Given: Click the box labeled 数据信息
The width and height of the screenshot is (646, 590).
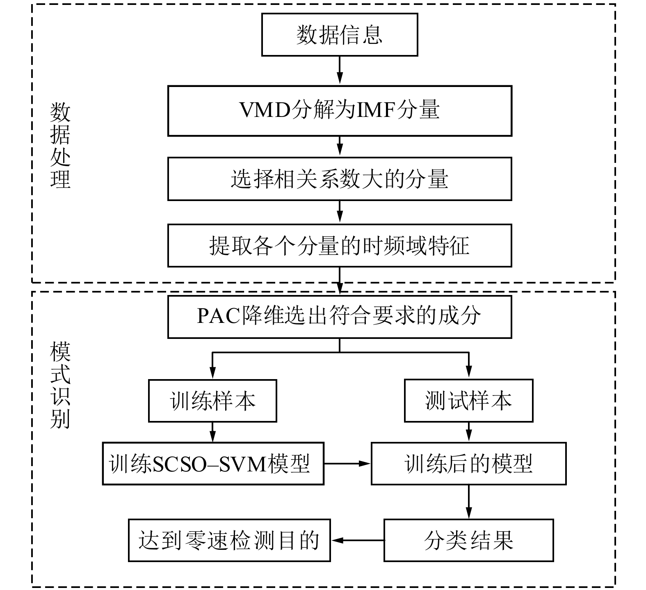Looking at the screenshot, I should [x=339, y=34].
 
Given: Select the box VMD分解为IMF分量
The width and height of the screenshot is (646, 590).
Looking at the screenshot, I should [x=339, y=110].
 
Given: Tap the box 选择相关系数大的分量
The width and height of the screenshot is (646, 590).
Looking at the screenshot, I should [x=339, y=179].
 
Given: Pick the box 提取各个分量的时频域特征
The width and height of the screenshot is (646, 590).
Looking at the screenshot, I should [x=339, y=245].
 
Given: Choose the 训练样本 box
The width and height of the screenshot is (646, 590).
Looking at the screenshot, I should [x=212, y=400].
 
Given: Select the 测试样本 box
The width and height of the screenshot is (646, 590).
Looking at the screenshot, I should [x=468, y=400].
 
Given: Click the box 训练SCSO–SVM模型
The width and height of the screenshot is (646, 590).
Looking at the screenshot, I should [x=213, y=464].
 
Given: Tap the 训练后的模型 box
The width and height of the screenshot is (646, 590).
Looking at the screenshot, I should [x=468, y=464].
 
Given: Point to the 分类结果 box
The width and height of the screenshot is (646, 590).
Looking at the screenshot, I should [x=468, y=540].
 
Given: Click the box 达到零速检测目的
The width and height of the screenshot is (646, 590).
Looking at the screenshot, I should [x=229, y=540].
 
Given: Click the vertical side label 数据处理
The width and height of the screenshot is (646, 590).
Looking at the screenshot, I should [x=60, y=146].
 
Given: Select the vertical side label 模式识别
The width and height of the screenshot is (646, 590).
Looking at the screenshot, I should [x=60, y=385].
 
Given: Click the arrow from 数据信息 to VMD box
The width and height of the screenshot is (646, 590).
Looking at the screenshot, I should [x=339, y=71].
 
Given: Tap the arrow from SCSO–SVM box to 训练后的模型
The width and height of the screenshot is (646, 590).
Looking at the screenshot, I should [x=347, y=464].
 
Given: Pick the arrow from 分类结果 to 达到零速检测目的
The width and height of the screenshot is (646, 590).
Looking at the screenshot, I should [x=357, y=540].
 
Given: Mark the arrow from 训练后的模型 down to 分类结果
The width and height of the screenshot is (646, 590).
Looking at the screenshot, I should [x=468, y=502].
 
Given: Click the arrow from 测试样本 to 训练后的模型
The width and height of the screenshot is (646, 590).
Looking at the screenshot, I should [x=468, y=432].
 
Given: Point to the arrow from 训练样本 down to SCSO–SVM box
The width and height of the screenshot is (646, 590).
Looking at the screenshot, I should [x=212, y=432].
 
